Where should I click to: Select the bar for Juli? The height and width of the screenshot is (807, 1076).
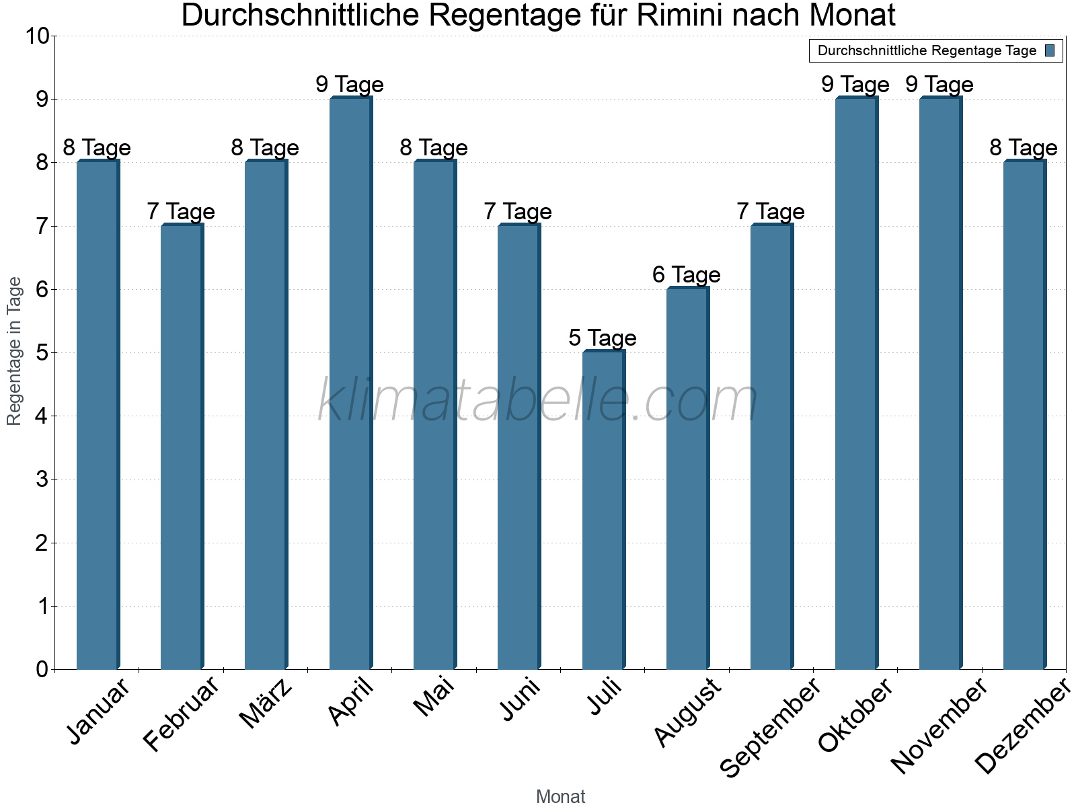tap(603, 511)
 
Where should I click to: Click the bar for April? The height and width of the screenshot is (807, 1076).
tap(350, 383)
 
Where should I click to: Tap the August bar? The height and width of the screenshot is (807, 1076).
tap(687, 477)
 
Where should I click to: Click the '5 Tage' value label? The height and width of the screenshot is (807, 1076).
tap(602, 338)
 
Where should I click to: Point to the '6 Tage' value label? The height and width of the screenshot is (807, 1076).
tap(686, 274)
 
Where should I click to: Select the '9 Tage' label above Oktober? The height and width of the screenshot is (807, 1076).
tap(855, 84)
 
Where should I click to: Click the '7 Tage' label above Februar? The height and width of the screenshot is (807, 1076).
tap(180, 211)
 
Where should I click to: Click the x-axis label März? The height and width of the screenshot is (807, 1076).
tap(266, 703)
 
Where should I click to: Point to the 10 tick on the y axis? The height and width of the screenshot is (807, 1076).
tap(37, 36)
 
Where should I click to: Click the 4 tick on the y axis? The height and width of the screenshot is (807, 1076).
tap(42, 416)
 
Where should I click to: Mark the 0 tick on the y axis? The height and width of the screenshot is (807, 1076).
tap(42, 669)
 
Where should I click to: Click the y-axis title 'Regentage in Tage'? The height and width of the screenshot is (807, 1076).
tap(14, 351)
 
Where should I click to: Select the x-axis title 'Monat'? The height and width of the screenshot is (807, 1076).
tap(560, 796)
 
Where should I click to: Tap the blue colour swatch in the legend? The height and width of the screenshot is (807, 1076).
tap(1050, 50)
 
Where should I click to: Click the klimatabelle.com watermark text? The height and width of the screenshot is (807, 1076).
tap(538, 401)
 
